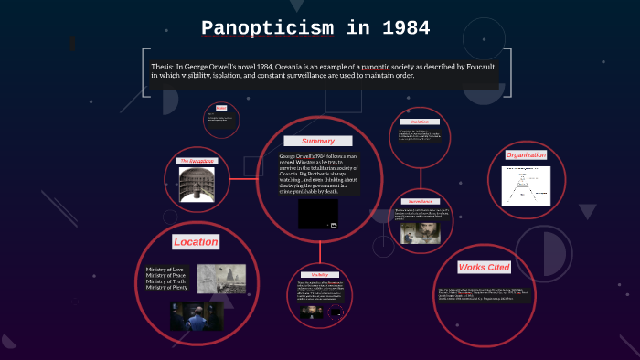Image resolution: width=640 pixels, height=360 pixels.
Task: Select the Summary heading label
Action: (x=318, y=141)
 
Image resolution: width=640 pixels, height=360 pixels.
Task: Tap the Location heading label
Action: (x=196, y=241)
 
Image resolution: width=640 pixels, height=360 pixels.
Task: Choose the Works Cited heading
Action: (x=485, y=266)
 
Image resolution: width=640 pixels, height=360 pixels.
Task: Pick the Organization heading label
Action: (x=526, y=154)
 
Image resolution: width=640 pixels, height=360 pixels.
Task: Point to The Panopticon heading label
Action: (x=197, y=161)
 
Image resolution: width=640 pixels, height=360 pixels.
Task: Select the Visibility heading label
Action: (x=319, y=274)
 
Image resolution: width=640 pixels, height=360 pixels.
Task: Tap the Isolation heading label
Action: (x=420, y=122)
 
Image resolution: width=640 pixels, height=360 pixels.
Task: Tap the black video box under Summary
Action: (x=317, y=214)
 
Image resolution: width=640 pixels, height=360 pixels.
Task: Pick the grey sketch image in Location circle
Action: (x=221, y=278)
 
